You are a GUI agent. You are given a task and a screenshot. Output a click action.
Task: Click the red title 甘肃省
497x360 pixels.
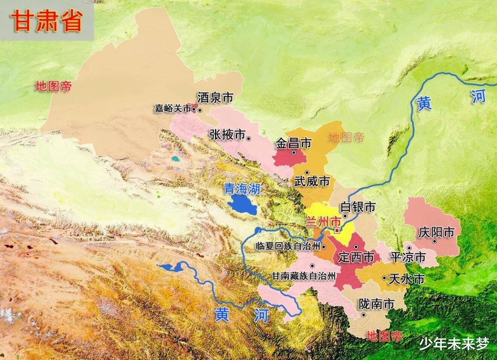[x=47, y=20]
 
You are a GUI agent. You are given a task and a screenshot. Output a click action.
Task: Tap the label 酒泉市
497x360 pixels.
[x=215, y=97]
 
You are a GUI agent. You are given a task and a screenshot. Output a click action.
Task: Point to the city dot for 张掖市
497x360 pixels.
[x=249, y=138]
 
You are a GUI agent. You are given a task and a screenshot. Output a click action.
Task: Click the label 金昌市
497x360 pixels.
[x=294, y=143]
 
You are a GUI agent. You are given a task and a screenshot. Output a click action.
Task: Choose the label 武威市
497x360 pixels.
[x=312, y=181]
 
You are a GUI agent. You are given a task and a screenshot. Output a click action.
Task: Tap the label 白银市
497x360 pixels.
[x=358, y=207]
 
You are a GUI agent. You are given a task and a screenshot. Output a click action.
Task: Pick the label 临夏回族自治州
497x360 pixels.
[x=287, y=246]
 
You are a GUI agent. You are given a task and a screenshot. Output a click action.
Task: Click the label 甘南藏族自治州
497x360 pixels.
[x=304, y=276]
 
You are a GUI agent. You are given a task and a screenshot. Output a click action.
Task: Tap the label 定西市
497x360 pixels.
[x=356, y=257]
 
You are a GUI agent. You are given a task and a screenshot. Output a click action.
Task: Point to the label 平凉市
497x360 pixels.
[x=408, y=257]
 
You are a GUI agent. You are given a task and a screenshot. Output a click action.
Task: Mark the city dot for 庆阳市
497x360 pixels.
[x=434, y=241]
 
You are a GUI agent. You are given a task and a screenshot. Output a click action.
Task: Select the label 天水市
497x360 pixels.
[x=407, y=279]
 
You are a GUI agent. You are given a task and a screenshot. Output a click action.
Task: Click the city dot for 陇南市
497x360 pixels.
[x=363, y=315]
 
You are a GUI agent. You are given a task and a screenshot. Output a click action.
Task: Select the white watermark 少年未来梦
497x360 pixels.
[x=454, y=344]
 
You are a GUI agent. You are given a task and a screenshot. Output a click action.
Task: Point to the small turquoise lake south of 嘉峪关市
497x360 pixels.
[x=175, y=159]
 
